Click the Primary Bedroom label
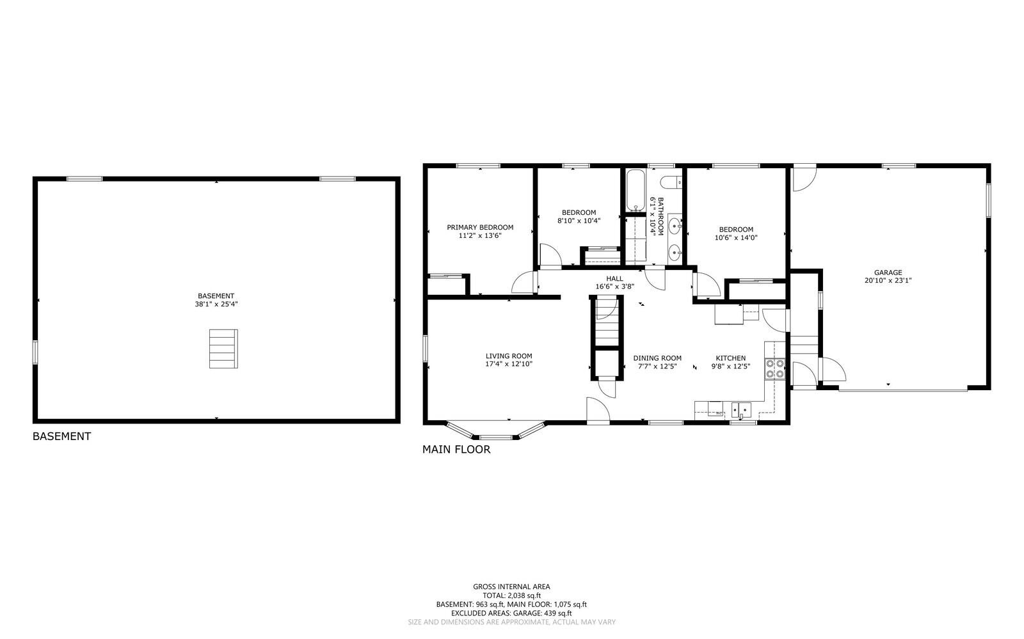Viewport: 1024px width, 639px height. click(x=480, y=227)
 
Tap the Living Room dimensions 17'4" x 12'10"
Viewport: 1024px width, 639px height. click(x=509, y=364)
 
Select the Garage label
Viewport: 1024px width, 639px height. click(x=888, y=272)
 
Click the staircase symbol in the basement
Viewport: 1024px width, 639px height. click(x=223, y=349)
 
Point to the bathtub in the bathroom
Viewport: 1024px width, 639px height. click(x=636, y=190)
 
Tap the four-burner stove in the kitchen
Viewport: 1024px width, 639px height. click(x=775, y=369)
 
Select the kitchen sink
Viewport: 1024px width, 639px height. click(x=742, y=408)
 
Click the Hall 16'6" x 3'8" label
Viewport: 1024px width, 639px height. click(x=614, y=283)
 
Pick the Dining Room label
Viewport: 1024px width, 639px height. click(x=657, y=358)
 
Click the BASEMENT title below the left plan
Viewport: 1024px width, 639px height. click(x=61, y=436)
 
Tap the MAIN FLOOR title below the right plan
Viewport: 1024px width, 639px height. click(x=456, y=450)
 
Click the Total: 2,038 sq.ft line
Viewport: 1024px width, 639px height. click(x=511, y=595)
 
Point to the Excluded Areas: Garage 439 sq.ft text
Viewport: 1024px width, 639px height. click(x=511, y=613)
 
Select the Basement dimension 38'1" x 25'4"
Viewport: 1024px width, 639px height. click(x=216, y=304)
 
